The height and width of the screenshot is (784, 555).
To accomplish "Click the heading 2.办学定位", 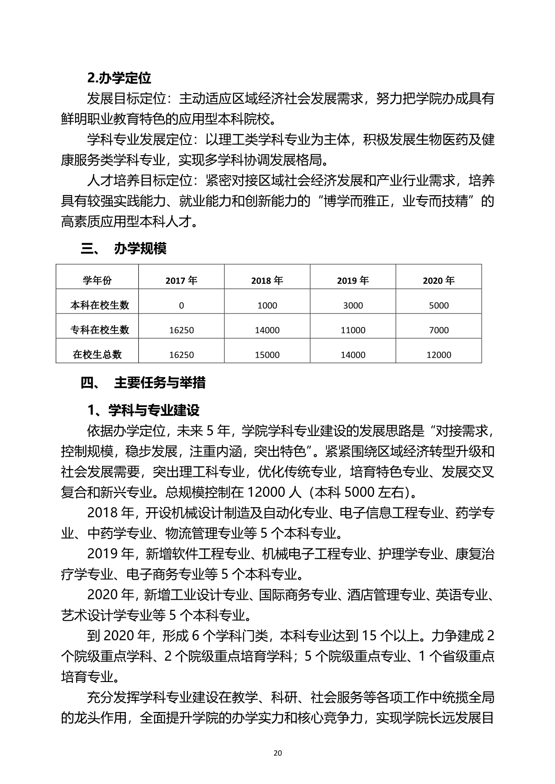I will click(x=119, y=78).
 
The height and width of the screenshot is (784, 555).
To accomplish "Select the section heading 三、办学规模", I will click(x=124, y=249).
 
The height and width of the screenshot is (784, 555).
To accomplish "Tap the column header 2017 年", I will click(x=181, y=280).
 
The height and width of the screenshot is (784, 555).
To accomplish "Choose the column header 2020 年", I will click(x=439, y=280).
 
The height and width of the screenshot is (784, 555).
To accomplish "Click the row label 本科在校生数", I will click(x=99, y=305).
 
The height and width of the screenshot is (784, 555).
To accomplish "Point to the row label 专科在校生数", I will click(x=99, y=330).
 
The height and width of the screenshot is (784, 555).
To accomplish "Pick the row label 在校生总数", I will click(x=97, y=355).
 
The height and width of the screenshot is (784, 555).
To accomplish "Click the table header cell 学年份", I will click(x=97, y=280).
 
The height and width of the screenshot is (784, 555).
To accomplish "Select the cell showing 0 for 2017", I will click(x=181, y=305).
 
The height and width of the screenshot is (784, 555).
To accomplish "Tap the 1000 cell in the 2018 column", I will click(x=267, y=305).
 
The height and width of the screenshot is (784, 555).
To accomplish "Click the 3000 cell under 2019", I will click(x=353, y=305).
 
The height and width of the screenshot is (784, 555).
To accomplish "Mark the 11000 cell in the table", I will click(x=353, y=330).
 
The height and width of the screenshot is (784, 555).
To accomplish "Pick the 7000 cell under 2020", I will click(x=439, y=330).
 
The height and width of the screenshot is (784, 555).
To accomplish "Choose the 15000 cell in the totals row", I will click(x=267, y=355).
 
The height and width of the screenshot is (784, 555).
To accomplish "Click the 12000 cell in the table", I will click(x=439, y=355).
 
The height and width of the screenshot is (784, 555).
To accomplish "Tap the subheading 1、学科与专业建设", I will click(x=143, y=410).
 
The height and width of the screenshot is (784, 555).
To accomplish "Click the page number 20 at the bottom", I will click(x=277, y=753).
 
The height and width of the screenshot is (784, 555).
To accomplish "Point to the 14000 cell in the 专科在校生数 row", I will click(x=267, y=330).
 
